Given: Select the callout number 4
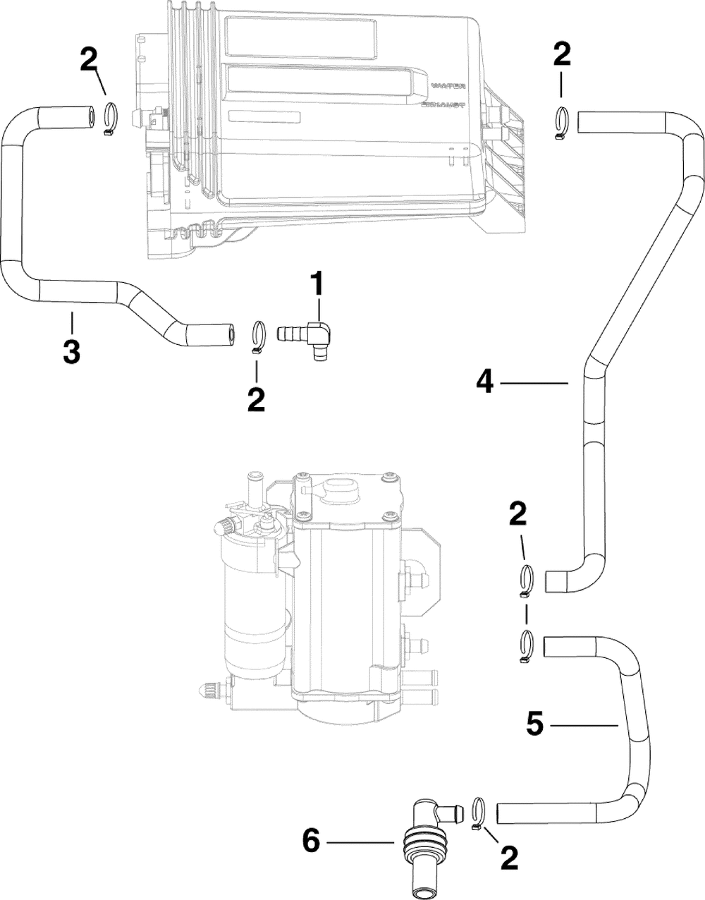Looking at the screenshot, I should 484,382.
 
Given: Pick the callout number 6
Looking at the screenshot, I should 312,841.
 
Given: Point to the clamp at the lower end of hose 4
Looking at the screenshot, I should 529,582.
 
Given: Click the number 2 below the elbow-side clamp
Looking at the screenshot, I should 255,400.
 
